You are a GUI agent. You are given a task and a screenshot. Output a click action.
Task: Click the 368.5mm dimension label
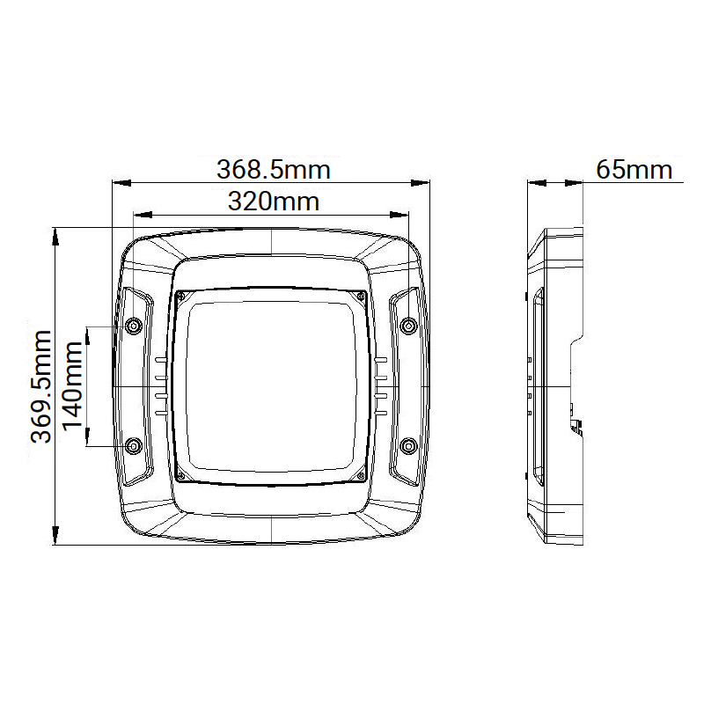pos(273,168)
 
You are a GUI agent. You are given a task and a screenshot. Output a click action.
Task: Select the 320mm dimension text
pos(273,202)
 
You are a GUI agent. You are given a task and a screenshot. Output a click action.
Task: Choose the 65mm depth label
pos(634,169)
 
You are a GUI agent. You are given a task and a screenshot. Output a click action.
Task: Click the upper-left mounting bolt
pos(134,326)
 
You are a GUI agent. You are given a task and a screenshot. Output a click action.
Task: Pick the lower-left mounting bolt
pos(134,446)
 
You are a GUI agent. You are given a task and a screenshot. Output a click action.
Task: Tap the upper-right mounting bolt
pos(408,326)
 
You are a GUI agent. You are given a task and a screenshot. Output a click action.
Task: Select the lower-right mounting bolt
pos(408,446)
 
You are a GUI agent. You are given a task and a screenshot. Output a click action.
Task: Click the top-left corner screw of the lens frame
pos(181,297)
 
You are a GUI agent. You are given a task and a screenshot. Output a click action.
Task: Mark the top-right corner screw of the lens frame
pos(361,297)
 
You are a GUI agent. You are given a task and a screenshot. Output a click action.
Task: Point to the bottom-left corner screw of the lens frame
pos(181,476)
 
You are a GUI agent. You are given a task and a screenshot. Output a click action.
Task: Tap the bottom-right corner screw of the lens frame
pos(361,476)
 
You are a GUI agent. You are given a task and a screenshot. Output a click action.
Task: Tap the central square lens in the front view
pos(271,387)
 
